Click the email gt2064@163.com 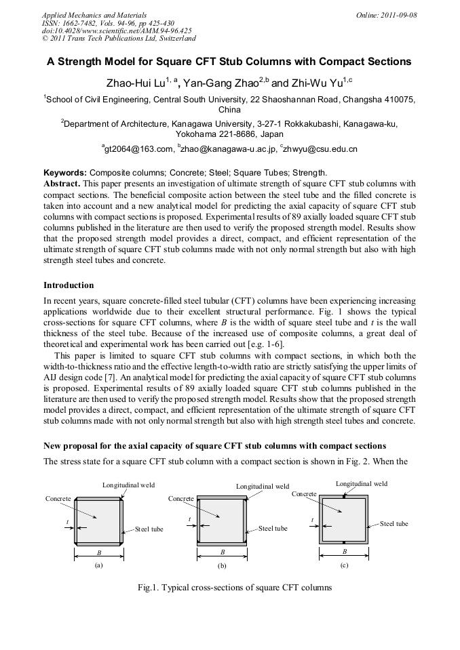(136, 148)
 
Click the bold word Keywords (65, 172)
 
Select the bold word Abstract (62, 183)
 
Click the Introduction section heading (69, 285)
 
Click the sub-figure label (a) (99, 564)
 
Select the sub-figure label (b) (221, 564)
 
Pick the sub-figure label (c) (344, 564)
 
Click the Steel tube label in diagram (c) (394, 524)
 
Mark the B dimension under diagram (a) (99, 552)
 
